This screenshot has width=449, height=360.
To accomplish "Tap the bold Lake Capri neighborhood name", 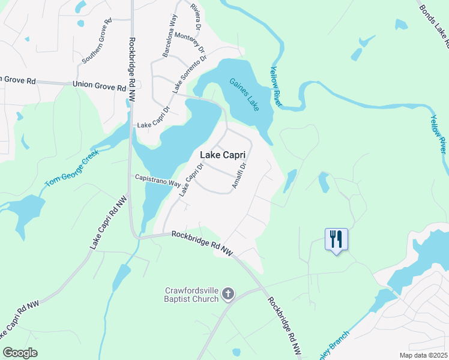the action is click(223, 155).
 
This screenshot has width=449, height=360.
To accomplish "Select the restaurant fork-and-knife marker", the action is click(336, 239).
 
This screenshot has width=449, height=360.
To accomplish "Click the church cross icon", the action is click(228, 293).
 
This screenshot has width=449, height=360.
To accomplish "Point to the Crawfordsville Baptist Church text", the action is click(190, 294).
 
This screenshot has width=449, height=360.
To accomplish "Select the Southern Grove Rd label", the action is click(97, 41).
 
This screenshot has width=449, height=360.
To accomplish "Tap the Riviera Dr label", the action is click(195, 16).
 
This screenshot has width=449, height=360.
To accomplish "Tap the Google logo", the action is click(20, 353).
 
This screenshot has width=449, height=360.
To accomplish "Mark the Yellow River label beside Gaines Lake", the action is click(276, 87).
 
